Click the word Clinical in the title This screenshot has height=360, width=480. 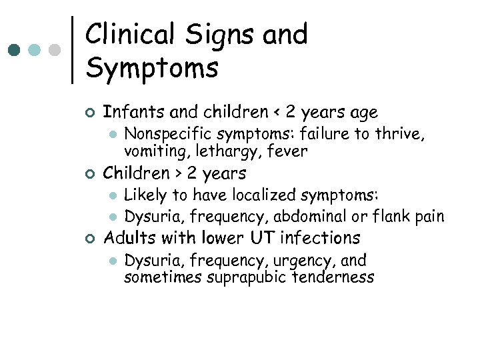tap(127, 35)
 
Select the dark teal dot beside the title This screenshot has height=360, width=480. tap(15, 50)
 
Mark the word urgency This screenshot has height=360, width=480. tap(294, 261)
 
